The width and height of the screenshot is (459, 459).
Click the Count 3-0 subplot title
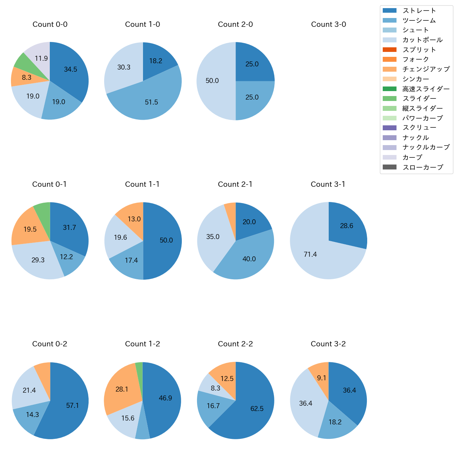[x=328, y=24]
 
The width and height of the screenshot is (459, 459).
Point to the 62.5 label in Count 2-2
[x=257, y=409]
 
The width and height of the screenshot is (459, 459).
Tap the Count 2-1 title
[x=235, y=184]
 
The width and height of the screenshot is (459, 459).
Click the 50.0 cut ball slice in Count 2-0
[x=212, y=81]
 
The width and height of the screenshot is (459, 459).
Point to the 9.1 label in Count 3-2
[x=321, y=378]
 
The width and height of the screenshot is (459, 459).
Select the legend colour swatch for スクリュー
[x=389, y=128]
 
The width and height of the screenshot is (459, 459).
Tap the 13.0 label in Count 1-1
[x=134, y=219]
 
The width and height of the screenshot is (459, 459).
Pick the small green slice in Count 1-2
[x=139, y=367]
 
